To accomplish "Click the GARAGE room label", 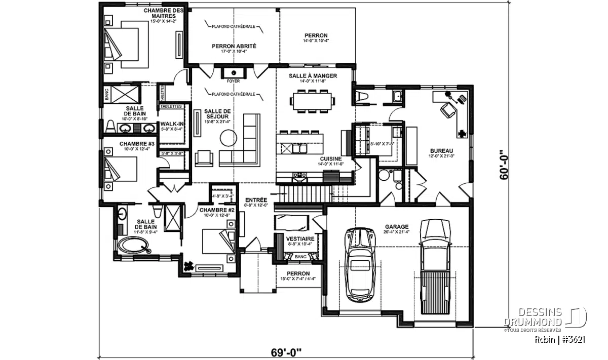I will coord(396,227).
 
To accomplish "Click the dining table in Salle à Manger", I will coord(313,100).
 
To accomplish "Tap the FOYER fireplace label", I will coord(234,81).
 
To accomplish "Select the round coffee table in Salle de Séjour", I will coord(229,137).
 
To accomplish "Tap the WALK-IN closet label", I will coord(172,123).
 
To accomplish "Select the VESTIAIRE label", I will coord(300,238).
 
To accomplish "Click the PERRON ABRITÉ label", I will coord(234,46).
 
